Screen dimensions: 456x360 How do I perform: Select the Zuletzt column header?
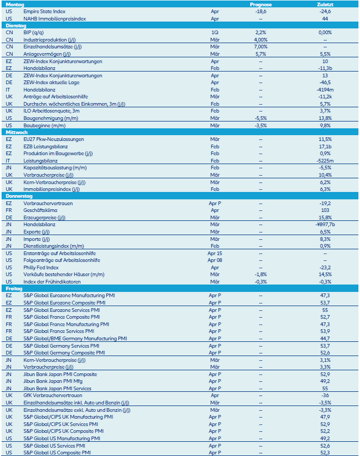325,4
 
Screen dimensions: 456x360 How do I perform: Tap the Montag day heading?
15,4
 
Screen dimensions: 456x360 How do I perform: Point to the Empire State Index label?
45,11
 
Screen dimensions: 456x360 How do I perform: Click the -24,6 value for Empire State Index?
325,11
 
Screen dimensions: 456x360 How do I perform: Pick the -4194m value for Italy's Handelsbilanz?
325,89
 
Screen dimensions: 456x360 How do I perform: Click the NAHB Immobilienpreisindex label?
55,18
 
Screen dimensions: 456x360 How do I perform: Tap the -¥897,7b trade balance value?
325,224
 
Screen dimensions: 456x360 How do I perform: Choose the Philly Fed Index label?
41,267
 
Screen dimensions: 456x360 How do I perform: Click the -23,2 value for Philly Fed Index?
325,267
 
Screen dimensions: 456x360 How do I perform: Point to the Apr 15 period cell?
214,253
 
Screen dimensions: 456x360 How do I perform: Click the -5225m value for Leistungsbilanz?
325,160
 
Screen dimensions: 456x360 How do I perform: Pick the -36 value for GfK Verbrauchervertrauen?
325,396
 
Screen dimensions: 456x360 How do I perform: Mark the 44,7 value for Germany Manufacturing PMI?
325,338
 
